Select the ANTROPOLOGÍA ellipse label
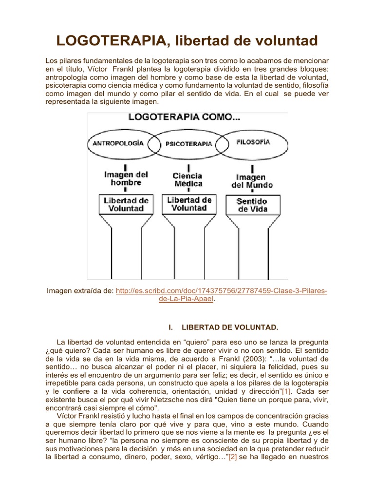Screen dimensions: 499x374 click(x=118, y=143)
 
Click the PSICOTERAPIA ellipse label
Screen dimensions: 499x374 click(x=188, y=144)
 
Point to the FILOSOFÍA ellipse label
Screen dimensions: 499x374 click(x=253, y=142)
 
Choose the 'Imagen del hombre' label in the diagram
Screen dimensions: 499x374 click(x=126, y=178)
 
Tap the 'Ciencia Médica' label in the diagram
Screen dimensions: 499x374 click(x=188, y=179)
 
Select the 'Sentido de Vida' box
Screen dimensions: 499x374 click(x=252, y=205)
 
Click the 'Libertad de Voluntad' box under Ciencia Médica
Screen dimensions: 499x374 click(x=189, y=204)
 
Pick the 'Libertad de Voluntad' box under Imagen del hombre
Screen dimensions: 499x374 click(x=126, y=204)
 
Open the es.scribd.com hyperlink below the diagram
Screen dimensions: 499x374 click(x=222, y=291)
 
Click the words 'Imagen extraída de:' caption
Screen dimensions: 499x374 click(x=80, y=291)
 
